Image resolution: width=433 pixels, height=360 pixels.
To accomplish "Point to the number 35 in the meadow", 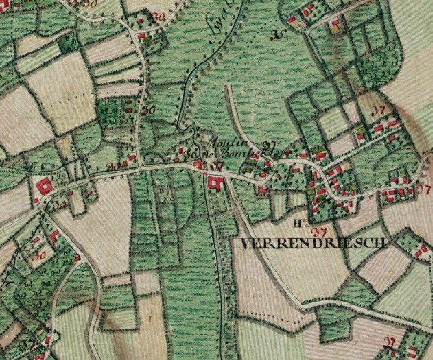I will [276, 36].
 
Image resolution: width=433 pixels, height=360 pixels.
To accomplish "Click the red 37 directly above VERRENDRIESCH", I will [319, 232].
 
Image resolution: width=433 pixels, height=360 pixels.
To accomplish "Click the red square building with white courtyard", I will [43, 187].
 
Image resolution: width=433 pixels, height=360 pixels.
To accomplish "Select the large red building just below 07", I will [216, 183].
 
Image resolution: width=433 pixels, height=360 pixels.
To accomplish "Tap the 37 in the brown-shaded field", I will [379, 110].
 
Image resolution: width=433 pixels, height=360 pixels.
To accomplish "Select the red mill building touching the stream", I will [198, 164].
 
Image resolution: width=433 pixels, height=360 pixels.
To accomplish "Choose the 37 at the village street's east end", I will [424, 188].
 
